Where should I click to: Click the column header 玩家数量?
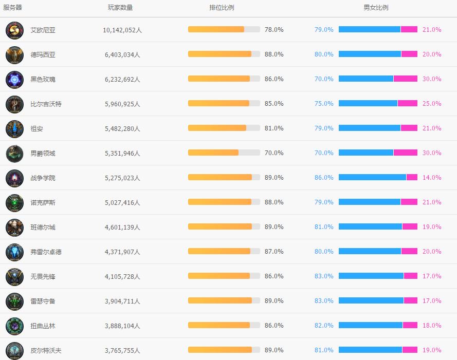120,8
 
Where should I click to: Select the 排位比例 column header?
222,8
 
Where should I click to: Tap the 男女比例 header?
376,8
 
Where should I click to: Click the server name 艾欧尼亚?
43,30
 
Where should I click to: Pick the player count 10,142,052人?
122,30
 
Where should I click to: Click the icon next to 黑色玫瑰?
14,80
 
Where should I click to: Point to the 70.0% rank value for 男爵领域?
274,153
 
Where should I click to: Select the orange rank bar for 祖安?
217,128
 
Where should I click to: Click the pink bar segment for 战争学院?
412,178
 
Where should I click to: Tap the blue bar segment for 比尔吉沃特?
368,104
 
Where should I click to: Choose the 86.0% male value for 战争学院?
324,178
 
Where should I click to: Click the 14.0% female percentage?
432,178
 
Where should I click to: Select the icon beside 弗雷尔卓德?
14,252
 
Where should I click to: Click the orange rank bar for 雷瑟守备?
220,301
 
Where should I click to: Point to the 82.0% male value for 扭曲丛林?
324,326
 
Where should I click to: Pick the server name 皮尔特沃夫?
46,351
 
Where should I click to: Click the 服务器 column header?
13,8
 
